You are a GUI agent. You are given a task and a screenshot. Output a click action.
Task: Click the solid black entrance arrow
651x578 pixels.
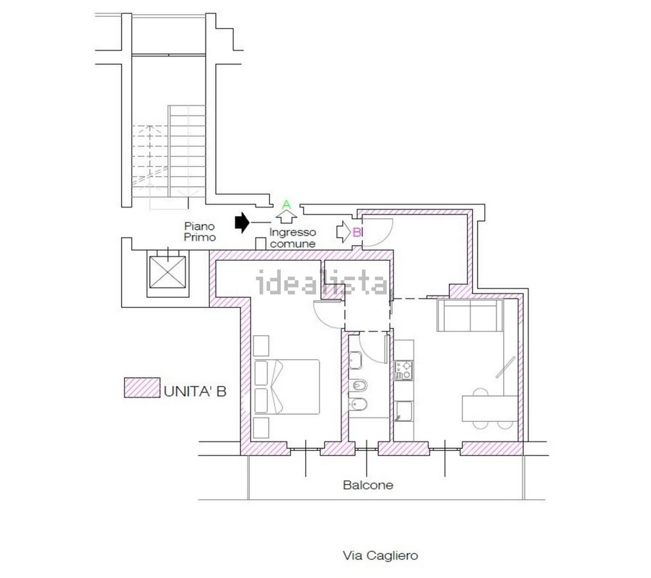(242, 223)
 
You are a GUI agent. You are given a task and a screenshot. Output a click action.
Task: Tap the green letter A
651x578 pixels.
(287, 204)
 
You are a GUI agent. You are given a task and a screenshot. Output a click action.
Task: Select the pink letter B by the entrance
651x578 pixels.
(357, 232)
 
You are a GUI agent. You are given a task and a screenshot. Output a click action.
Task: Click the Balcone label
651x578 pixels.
(368, 485)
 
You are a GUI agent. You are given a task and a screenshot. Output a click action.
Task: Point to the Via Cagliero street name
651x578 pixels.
(380, 556)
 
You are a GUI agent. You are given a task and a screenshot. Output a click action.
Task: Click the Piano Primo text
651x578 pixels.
(200, 232)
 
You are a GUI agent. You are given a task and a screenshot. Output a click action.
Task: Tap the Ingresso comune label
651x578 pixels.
(293, 238)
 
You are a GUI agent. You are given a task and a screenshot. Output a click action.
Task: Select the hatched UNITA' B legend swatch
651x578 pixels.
(142, 388)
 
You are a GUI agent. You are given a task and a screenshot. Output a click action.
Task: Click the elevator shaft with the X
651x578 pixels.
(167, 272)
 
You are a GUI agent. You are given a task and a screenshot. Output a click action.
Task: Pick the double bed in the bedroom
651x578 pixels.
(287, 387)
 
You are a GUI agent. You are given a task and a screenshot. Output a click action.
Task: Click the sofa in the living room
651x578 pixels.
(470, 316)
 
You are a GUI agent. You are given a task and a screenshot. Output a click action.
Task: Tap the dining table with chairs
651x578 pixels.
(490, 408)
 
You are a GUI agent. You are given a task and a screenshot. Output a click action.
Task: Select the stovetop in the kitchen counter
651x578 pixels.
(403, 370)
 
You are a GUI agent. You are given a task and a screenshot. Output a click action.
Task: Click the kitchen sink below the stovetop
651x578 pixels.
(403, 412)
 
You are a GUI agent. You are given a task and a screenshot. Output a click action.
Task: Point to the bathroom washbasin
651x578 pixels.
(355, 361)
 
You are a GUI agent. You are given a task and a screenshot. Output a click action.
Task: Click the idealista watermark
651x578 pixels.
(322, 282)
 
